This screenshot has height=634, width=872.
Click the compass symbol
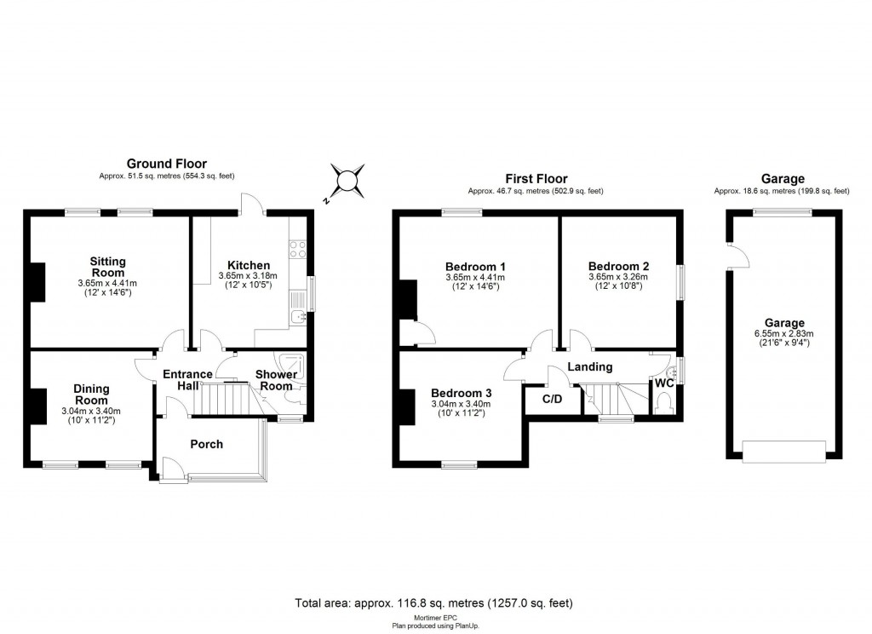pyautogui.click(x=347, y=181)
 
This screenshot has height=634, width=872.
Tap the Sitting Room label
pyautogui.click(x=108, y=267)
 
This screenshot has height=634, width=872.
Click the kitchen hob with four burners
pyautogui.click(x=299, y=249)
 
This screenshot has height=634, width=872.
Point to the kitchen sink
pyautogui.click(x=298, y=317)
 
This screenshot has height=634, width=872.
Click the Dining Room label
pyautogui.click(x=91, y=395)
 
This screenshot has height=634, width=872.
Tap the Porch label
pyautogui.click(x=206, y=444)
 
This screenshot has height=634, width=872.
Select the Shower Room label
pyautogui.click(x=277, y=380)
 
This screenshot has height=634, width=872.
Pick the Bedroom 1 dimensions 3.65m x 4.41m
pyautogui.click(x=474, y=277)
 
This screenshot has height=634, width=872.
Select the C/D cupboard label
pyautogui.click(x=551, y=399)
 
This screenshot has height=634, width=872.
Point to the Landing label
pyautogui.click(x=590, y=366)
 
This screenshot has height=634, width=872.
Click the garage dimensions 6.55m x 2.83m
pyautogui.click(x=784, y=334)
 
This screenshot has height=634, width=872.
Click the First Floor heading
pyautogui.click(x=536, y=179)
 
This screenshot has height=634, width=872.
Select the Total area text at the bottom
pyautogui.click(x=433, y=602)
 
